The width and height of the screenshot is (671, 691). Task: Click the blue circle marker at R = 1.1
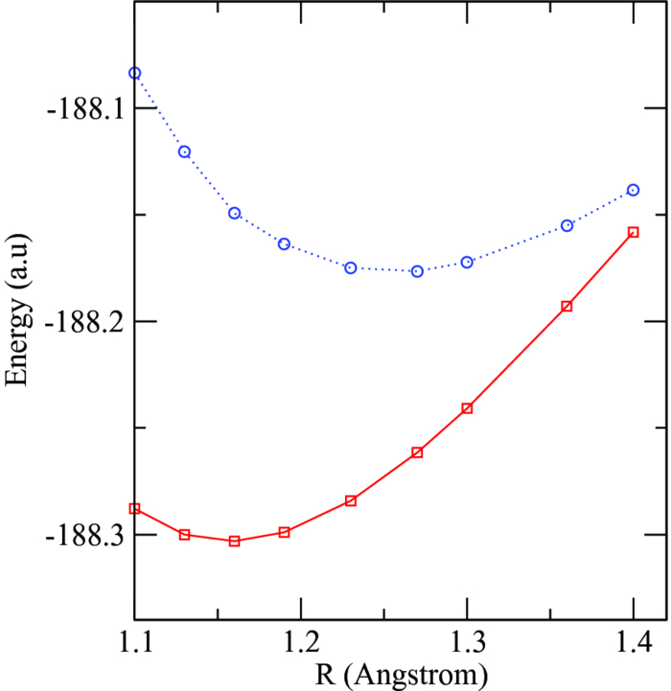pos(135,73)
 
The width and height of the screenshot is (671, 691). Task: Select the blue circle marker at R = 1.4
pos(634,190)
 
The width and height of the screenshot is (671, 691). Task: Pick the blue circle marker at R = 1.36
pos(567,225)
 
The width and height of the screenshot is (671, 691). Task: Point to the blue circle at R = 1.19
pos(284,243)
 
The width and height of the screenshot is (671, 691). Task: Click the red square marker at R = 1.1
pos(135,509)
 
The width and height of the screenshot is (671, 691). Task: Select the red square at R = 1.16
pos(234,541)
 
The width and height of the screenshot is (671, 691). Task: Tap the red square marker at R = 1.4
pos(634,232)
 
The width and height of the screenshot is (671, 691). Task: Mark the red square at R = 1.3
pos(467,408)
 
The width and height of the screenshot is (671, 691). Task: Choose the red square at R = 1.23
pos(351,501)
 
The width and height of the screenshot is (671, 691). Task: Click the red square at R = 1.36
pos(567,307)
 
